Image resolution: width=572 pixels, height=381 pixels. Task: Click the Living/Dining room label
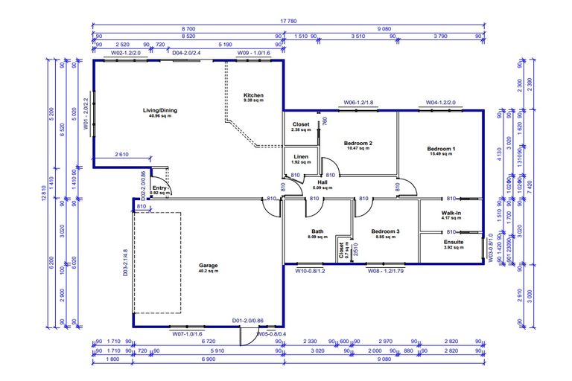[x=160, y=111]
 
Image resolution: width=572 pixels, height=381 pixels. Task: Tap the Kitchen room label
[x=253, y=96]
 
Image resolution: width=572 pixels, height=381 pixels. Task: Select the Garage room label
[x=208, y=266]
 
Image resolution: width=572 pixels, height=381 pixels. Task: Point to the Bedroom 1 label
[x=441, y=149]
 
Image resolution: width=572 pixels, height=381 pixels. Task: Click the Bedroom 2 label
[x=357, y=143]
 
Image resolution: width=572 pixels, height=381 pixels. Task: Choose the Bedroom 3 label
[x=385, y=232]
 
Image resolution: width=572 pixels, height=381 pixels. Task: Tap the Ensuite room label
[x=453, y=243]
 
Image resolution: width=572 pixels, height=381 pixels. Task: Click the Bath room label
[x=317, y=232]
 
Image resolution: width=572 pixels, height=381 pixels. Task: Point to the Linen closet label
[x=301, y=157]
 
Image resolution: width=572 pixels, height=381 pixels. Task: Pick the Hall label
[x=322, y=182]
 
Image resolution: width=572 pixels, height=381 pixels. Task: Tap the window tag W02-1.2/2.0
[x=126, y=54]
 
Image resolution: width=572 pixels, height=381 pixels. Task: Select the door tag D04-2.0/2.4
[x=187, y=54]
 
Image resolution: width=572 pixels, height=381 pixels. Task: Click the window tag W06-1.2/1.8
[x=358, y=103]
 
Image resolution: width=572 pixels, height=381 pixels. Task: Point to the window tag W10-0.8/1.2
[x=311, y=271]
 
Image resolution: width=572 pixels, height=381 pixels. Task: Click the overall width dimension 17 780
[x=286, y=22]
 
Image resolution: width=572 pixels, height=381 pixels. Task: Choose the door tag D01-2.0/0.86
[x=248, y=321]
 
